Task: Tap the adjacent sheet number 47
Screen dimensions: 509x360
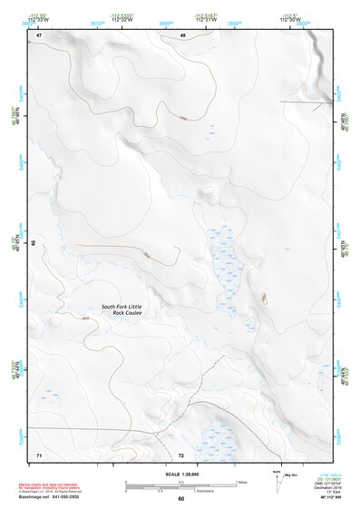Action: click(x=40, y=35)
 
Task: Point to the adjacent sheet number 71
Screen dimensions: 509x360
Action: click(x=39, y=454)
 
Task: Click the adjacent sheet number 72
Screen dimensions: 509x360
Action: click(x=181, y=454)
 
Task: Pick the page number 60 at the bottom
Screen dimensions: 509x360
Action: click(x=180, y=499)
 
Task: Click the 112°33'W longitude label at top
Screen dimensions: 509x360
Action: click(x=37, y=17)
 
